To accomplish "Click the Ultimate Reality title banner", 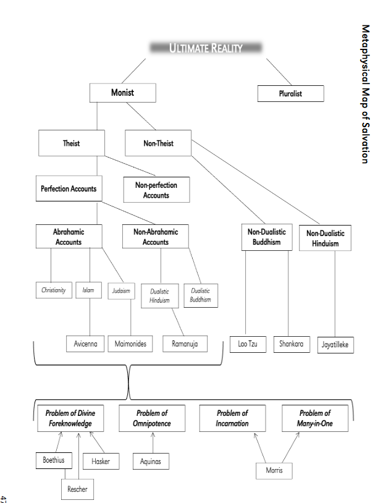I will (206, 48).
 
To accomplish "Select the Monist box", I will (122, 93).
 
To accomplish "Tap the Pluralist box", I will (290, 94).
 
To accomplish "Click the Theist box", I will (71, 143).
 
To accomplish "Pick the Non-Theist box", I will (158, 143).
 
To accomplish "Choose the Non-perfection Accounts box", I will (156, 190).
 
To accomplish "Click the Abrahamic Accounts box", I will (69, 237).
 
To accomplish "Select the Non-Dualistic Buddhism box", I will (267, 237).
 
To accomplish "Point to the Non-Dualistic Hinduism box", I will (325, 238).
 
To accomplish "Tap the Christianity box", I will (54, 290).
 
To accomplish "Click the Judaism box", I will (121, 290).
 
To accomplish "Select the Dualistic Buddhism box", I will (200, 295).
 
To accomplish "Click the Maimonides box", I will (130, 344).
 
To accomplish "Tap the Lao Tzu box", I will (248, 344).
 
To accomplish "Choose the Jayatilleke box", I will (337, 345).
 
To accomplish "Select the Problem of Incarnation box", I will (232, 418).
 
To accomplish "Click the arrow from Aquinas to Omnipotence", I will (153, 442).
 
